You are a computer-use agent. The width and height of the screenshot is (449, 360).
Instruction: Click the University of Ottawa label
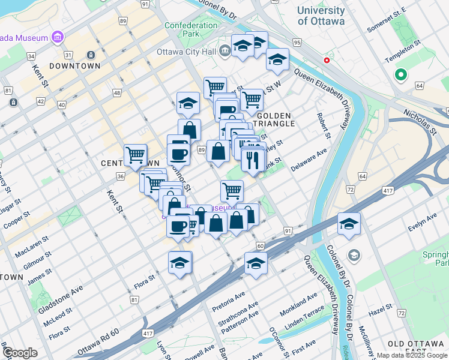(x=321, y=16)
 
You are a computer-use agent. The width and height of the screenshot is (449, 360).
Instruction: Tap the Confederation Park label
(x=191, y=30)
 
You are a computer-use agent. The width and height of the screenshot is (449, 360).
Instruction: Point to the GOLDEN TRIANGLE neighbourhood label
(x=275, y=119)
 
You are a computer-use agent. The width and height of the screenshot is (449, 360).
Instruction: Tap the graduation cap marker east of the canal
(x=349, y=224)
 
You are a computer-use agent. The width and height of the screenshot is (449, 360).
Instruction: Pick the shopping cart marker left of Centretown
(x=136, y=155)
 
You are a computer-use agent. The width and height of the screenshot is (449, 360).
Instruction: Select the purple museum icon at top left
(x=58, y=38)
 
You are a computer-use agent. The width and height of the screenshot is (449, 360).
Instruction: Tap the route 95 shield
(x=297, y=42)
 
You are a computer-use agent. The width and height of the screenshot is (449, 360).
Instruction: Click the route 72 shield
(x=350, y=189)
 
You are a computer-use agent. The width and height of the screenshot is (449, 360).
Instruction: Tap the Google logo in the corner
(x=20, y=353)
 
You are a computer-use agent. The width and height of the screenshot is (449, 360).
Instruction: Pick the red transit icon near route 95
(x=327, y=61)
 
